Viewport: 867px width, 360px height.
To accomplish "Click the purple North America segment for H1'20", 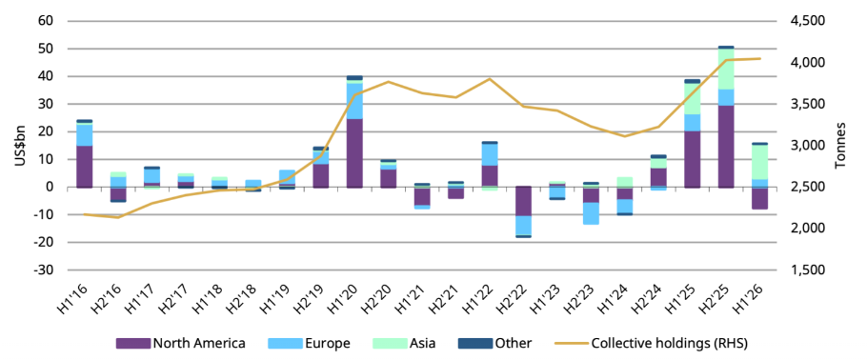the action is click(353, 153).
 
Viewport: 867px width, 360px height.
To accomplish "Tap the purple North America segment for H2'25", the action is click(725, 147).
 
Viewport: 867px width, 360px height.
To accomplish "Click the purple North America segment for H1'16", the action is click(84, 167).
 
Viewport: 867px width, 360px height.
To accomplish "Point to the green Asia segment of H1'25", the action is click(693, 99).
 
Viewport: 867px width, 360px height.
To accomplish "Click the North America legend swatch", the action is click(132, 344).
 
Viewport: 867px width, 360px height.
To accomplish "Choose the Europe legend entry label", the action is click(328, 344).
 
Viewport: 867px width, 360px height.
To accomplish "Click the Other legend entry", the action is click(494, 344).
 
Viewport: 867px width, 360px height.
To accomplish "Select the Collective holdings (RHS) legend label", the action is click(669, 344).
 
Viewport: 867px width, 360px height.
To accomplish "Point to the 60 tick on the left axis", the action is click(46, 21).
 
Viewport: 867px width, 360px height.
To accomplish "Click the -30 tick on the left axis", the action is click(43, 270).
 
